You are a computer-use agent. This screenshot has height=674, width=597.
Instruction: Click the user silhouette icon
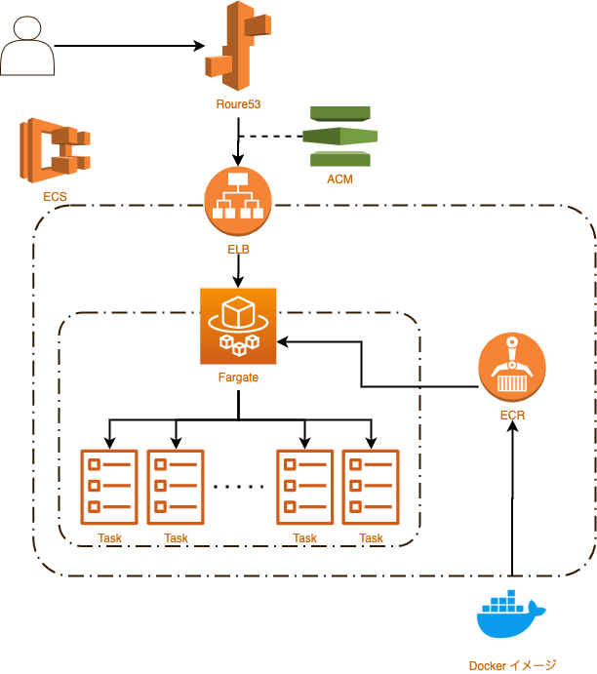(x=26, y=47)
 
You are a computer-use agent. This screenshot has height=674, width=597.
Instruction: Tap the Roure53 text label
(x=239, y=103)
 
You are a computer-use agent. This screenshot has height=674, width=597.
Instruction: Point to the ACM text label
(x=339, y=179)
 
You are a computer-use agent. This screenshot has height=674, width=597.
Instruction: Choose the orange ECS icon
(x=55, y=150)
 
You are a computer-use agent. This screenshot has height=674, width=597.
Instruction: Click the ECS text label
(x=56, y=197)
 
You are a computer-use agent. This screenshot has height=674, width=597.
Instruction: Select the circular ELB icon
(x=238, y=201)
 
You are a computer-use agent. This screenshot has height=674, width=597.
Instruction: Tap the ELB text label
(x=238, y=250)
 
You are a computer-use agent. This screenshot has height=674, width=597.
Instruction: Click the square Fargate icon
(x=239, y=325)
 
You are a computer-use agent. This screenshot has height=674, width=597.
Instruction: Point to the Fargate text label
(x=239, y=377)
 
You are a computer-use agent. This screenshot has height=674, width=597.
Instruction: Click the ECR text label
(x=512, y=416)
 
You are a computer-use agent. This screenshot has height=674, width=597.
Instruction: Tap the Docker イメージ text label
(x=512, y=665)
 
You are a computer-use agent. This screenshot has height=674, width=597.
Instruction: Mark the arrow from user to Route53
(x=127, y=45)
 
